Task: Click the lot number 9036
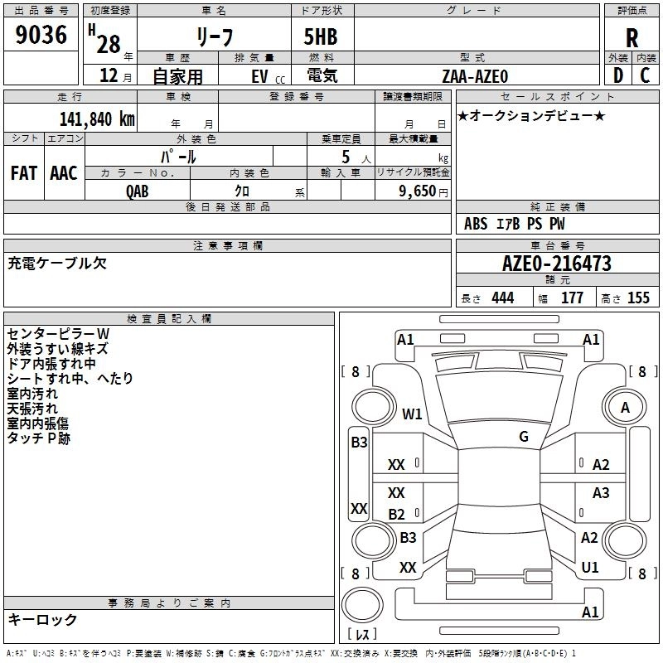[x=41, y=36]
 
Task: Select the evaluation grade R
[x=632, y=38]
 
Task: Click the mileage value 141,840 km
[x=97, y=119]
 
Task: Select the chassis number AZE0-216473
[x=557, y=264]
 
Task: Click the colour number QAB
[x=138, y=191]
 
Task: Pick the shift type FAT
[x=23, y=172]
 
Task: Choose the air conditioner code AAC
[x=63, y=172]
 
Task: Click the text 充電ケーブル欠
[x=57, y=264]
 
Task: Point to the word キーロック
[x=42, y=619]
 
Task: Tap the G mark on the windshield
[x=524, y=437]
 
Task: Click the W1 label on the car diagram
[x=412, y=414]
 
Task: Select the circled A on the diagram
[x=625, y=407]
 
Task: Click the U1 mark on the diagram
[x=590, y=568]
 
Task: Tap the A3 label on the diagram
[x=601, y=493]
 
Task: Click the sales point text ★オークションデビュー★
[x=530, y=115]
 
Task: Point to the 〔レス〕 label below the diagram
[x=361, y=634]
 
